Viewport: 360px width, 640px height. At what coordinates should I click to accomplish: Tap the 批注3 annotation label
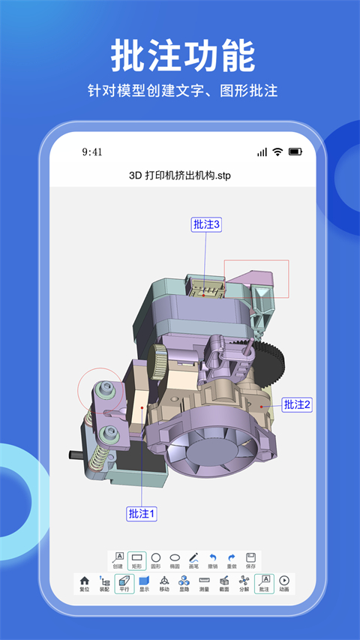[206, 224]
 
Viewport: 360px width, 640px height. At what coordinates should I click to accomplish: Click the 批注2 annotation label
[296, 404]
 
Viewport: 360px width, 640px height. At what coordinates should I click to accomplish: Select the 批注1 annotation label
[142, 514]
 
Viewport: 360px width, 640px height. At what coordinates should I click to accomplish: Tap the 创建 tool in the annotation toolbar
[118, 561]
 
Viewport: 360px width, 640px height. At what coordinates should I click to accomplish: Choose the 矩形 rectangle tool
[136, 561]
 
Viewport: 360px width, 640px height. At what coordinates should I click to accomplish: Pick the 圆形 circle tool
[156, 561]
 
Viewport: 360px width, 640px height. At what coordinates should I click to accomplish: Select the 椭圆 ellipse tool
[175, 561]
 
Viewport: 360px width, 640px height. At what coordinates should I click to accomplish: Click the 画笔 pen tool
[193, 561]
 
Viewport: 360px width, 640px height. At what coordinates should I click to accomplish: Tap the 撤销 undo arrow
[213, 561]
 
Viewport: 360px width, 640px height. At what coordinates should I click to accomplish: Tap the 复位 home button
[85, 584]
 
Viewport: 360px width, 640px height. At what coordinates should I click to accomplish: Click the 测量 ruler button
[204, 584]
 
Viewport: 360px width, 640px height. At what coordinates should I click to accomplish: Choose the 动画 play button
[284, 584]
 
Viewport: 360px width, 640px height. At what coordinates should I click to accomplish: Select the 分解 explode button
[244, 584]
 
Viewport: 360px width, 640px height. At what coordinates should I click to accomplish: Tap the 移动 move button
[164, 584]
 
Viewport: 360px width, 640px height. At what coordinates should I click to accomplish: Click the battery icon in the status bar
[295, 152]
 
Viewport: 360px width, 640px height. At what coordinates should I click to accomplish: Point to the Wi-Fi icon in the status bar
[277, 152]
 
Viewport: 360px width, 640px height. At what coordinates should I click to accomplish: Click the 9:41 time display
[92, 152]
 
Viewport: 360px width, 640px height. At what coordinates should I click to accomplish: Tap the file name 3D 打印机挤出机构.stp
[179, 175]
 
